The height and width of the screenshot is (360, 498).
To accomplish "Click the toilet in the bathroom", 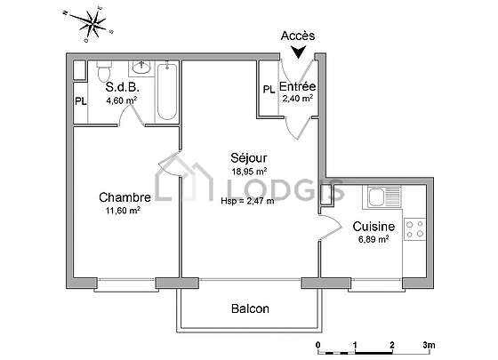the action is pos(104,70).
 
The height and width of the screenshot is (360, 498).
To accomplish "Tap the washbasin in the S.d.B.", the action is pos(141,68).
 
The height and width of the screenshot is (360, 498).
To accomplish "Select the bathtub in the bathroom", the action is pos(167,91).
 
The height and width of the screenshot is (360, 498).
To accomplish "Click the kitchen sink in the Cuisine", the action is pos(384,196).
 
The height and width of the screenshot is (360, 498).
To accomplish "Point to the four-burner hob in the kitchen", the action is pos(414,229).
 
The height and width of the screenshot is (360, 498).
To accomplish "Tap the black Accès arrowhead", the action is pos(298,52).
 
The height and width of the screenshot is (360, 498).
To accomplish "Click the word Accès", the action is pos(298,36).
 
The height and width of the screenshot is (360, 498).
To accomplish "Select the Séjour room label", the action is pos(249,158).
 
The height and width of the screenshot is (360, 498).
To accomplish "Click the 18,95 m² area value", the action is pos(249,172).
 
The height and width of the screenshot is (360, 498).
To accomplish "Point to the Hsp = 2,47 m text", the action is pos(248,201).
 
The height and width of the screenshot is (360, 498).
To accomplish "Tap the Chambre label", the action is pos(124,197).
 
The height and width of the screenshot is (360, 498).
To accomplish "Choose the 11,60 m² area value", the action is pos(124,211).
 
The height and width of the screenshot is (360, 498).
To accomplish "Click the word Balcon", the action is pos(250,308).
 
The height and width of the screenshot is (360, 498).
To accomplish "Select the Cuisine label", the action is pos(373,227).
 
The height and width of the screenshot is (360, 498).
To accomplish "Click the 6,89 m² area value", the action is pos(373,239).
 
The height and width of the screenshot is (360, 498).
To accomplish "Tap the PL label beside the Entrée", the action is pos(269,90).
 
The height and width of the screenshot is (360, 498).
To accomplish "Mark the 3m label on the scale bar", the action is pos(429,345).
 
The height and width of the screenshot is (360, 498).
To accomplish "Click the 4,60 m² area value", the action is pos(122,100).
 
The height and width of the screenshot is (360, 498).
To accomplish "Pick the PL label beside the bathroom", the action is pos(81,101).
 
